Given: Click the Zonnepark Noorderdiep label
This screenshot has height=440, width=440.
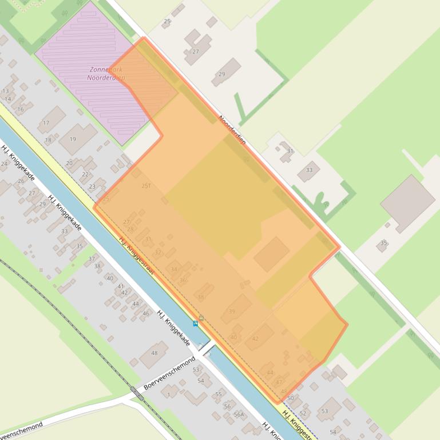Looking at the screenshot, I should [106, 73].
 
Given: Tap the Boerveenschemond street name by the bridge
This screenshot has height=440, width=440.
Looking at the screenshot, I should [169, 373].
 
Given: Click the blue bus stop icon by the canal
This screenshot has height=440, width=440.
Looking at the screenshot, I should [196, 323].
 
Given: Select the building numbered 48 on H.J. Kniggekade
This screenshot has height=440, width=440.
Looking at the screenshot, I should [154, 354].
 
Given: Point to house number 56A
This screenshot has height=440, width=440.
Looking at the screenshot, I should [239, 414].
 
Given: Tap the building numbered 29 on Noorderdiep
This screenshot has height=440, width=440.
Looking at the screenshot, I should [225, 73].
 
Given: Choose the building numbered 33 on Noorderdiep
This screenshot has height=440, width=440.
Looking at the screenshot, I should [309, 170].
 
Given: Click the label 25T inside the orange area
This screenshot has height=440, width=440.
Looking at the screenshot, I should [146, 186].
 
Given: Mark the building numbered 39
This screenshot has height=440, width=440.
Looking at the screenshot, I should [236, 309].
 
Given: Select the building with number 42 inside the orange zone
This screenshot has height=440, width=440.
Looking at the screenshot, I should [259, 337].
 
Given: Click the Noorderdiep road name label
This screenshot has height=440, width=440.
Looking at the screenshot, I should [232, 129].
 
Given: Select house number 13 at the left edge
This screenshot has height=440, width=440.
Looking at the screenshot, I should [6, 91].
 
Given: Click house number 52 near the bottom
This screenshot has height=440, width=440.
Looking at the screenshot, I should [303, 413].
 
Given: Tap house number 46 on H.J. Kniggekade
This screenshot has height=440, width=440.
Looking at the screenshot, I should [145, 313].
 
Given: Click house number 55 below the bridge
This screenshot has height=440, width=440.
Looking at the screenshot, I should [218, 394].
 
